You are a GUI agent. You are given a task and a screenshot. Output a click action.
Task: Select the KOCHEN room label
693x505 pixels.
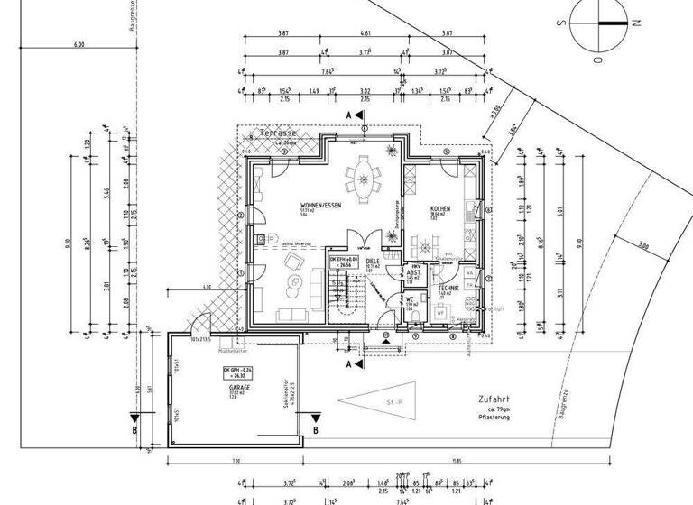coord(440,209)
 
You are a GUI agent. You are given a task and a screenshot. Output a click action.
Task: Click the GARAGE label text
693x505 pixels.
coord(241,387)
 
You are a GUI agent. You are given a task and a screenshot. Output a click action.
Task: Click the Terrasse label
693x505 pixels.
coord(273,133)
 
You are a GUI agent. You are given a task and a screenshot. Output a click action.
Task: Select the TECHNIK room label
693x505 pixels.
coord(448,288)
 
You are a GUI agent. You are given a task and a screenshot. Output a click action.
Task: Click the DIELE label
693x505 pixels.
coord(372,261)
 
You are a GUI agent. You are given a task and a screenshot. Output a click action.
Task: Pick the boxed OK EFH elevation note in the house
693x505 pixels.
coord(343,263)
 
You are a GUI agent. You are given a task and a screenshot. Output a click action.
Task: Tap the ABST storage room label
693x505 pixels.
coord(412,271)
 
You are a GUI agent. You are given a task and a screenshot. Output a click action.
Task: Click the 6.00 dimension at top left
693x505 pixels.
coord(79,43)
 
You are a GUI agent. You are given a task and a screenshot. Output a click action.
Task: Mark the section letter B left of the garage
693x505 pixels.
coord(134,431)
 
